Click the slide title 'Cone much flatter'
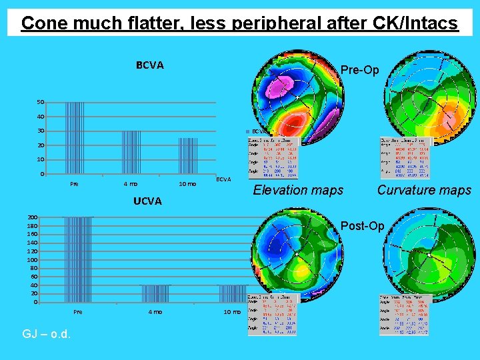click(239, 23)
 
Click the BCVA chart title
click(150, 65)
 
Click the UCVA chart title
click(147, 201)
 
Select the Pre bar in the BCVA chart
click(75, 138)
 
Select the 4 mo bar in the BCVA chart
click(131, 153)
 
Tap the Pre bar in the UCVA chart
click(78, 259)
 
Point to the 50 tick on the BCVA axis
click(41, 102)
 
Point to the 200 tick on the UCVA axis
click(32, 217)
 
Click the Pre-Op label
click(359, 70)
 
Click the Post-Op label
click(362, 226)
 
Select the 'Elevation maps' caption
click(298, 190)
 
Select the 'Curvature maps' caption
click(424, 190)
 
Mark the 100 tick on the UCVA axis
click(32, 259)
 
